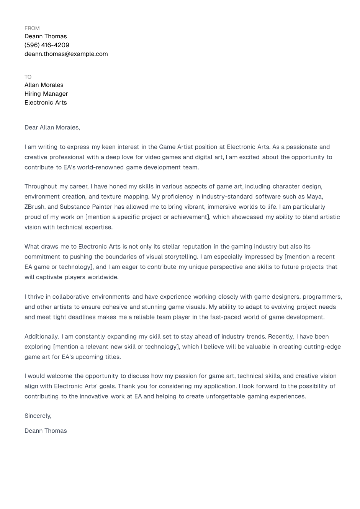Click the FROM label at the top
tap(32, 28)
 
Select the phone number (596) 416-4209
tap(47, 45)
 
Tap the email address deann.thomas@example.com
tap(66, 54)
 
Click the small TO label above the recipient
tap(28, 77)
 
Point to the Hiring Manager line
tap(46, 94)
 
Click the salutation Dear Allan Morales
tap(52, 128)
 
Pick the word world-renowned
tap(100, 167)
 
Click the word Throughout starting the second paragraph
tap(41, 187)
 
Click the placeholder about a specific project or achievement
tap(147, 217)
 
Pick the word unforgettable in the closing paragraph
tap(225, 396)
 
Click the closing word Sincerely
tap(38, 416)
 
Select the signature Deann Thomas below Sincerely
tap(46, 431)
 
